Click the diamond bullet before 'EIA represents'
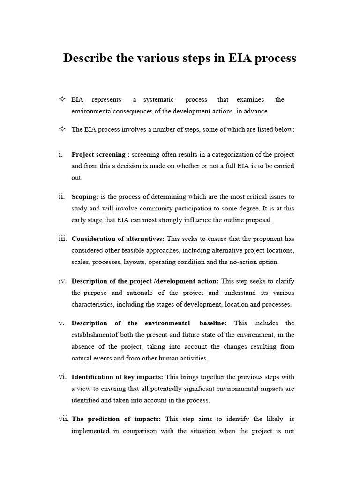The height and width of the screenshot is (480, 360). click(62, 99)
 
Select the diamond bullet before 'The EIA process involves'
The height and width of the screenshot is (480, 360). click(62, 129)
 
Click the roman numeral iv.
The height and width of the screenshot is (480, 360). click(62, 281)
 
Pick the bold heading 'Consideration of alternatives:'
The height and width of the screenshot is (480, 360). click(118, 239)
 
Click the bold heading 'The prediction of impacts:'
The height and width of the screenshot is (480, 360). click(116, 419)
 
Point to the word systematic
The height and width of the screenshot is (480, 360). click(159, 99)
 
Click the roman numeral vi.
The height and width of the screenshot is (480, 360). click(62, 377)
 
